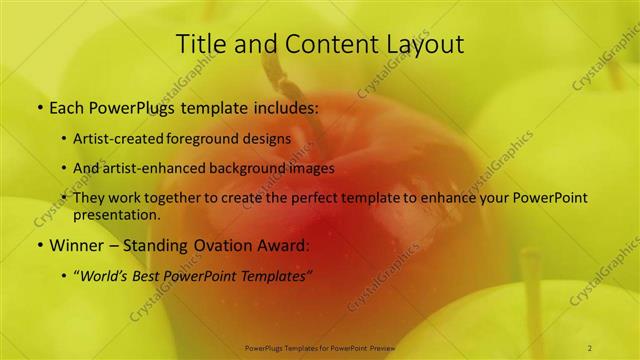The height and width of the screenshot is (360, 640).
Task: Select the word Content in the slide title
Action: coord(321,44)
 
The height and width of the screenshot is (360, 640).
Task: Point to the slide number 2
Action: coord(591,347)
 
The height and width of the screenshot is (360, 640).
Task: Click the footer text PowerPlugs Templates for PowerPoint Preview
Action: coord(319,347)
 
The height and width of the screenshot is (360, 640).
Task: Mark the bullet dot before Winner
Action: coord(39,245)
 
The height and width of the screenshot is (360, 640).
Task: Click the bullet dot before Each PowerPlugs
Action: coord(39,107)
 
